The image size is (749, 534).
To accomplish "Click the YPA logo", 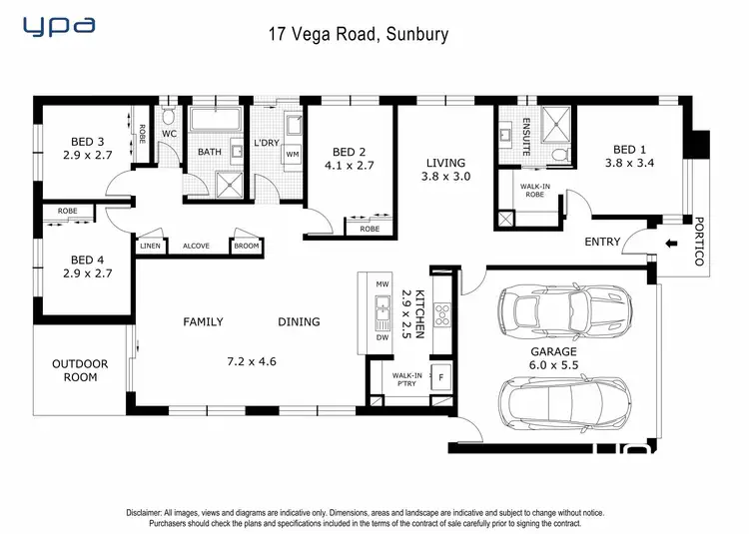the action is (59, 26).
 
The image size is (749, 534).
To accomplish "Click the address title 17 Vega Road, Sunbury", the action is (359, 34).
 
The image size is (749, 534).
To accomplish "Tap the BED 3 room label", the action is (88, 142).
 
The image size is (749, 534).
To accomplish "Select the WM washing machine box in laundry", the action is (293, 154).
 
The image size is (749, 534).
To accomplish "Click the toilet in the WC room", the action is (168, 115).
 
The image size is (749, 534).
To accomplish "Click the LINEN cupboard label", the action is (151, 246).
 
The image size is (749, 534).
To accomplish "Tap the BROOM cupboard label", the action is (247, 246).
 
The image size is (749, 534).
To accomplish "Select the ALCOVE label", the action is (197, 246).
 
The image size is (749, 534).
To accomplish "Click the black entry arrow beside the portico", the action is (672, 244).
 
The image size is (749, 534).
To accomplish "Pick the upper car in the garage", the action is (565, 310).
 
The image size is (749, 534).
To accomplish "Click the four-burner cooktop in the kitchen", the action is (442, 315).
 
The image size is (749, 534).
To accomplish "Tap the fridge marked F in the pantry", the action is (440, 377).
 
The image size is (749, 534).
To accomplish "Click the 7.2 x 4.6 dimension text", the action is (252, 361).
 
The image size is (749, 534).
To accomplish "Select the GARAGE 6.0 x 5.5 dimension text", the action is (553, 358).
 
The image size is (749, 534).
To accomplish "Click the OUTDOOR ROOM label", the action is (80, 370).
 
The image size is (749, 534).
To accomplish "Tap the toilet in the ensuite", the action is (559, 155).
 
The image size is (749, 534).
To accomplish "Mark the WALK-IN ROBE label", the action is (535, 191).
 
